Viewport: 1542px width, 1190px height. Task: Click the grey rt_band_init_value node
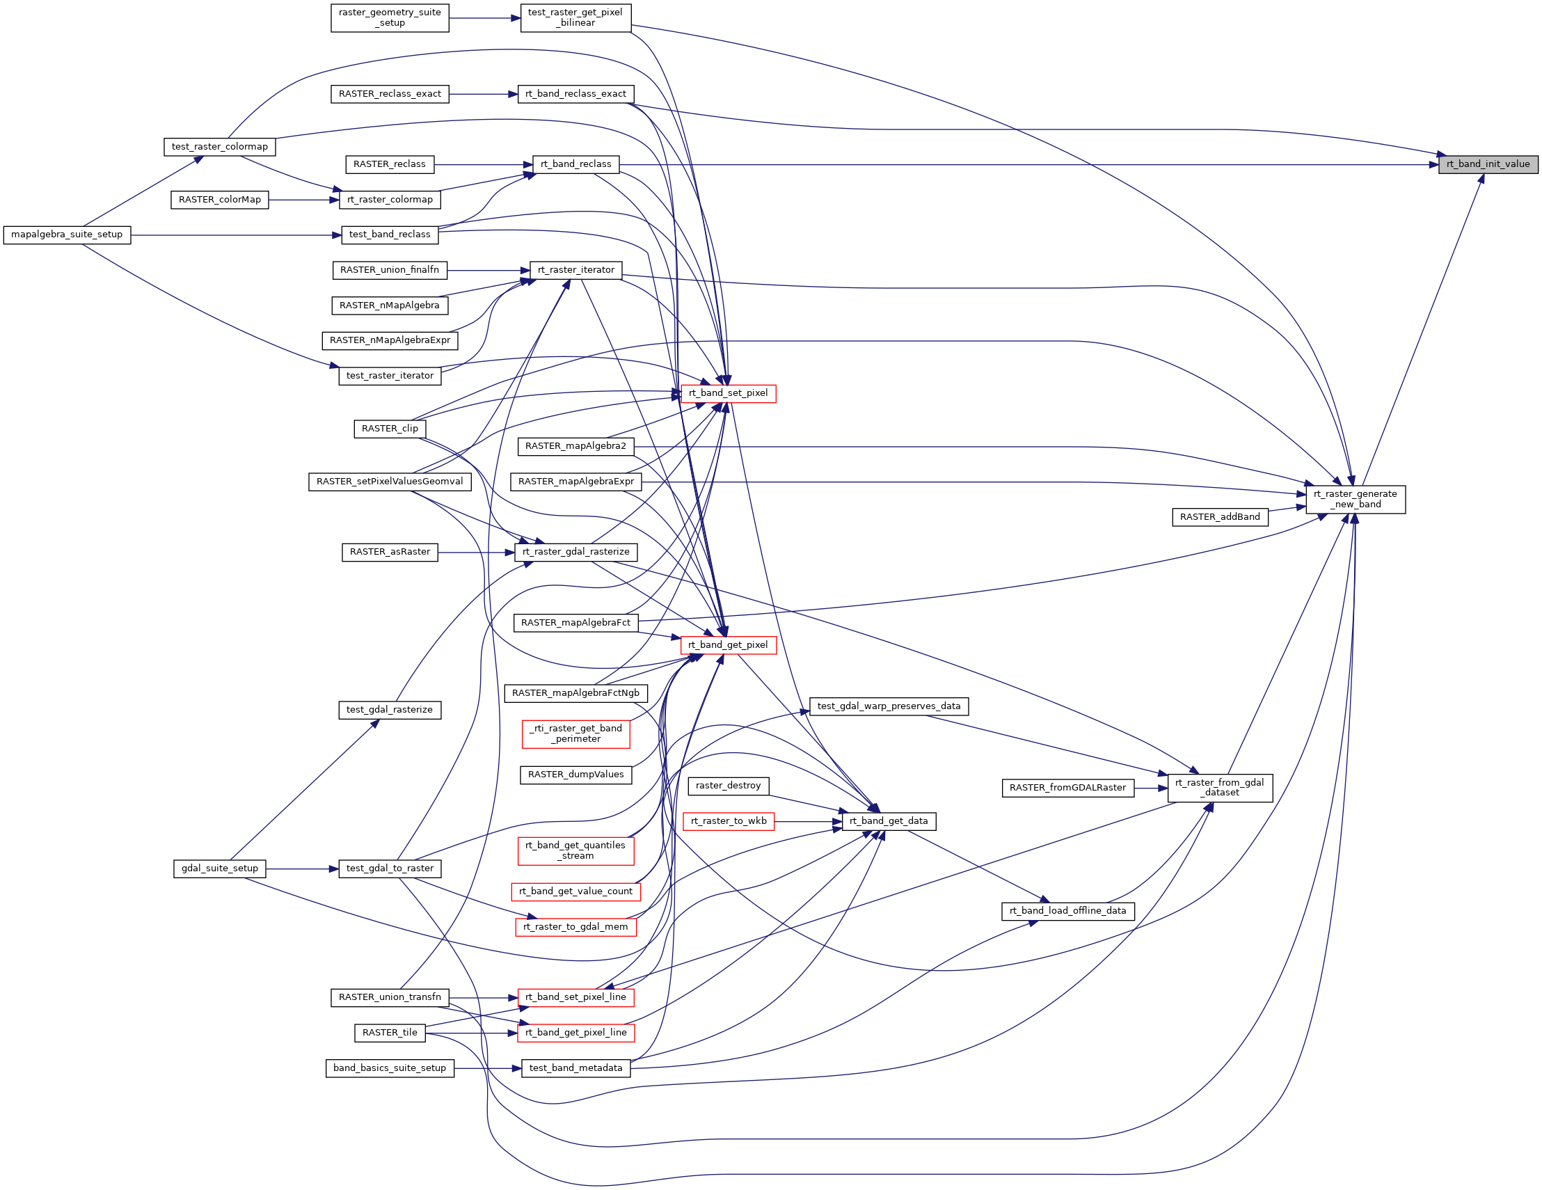tap(1488, 164)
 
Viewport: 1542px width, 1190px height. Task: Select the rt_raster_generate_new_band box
tap(1355, 499)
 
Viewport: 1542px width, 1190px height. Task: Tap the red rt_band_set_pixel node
tap(728, 393)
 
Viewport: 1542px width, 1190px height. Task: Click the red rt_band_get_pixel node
tap(728, 645)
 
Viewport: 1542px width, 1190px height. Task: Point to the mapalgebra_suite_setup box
tap(67, 235)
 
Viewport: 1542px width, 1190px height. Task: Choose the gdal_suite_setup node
tap(220, 868)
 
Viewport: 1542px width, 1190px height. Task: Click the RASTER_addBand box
tap(1219, 517)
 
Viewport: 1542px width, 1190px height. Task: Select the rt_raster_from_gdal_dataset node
tap(1219, 788)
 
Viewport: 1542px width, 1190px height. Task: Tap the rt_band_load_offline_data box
tap(1067, 911)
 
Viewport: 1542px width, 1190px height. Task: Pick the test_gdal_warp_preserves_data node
tap(888, 706)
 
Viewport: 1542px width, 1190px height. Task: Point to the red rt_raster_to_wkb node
tap(728, 821)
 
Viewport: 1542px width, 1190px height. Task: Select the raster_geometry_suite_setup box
tap(390, 17)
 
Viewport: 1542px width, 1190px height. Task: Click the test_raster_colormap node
tap(220, 147)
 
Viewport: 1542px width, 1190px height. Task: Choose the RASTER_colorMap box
tap(220, 200)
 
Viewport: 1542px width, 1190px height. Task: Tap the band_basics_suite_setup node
tap(390, 1068)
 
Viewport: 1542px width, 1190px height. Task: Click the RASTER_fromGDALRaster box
tap(1067, 788)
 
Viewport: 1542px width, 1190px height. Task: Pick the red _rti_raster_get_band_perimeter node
tap(575, 733)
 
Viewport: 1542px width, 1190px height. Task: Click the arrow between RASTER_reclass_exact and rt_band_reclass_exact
tap(483, 94)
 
